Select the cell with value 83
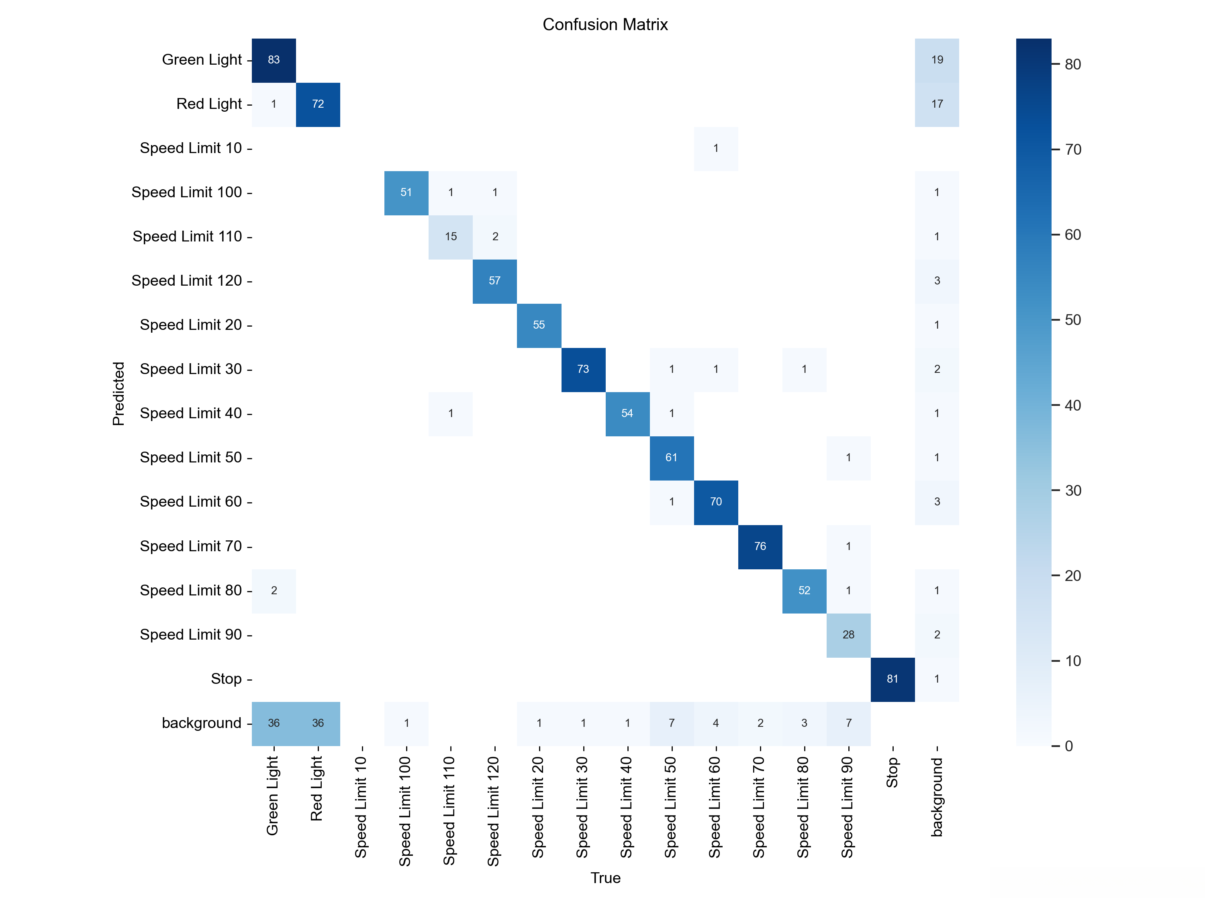coord(274,60)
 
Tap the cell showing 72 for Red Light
coord(318,104)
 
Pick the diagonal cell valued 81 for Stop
coord(893,679)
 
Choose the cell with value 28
coord(848,635)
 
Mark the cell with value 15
coord(451,237)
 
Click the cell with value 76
coord(760,546)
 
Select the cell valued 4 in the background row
coord(716,723)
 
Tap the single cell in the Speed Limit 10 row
coord(716,148)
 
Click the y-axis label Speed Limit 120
coord(186,280)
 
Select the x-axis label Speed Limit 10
coord(361,806)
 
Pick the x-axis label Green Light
coord(273,796)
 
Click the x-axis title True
coord(605,878)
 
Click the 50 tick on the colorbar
coord(1072,320)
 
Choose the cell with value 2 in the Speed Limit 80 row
coord(274,591)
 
